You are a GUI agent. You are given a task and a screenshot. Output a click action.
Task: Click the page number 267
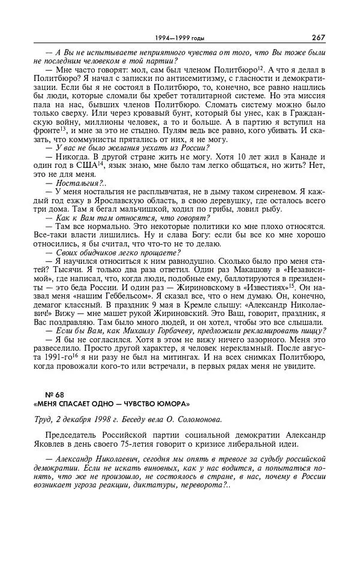pos(318,37)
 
